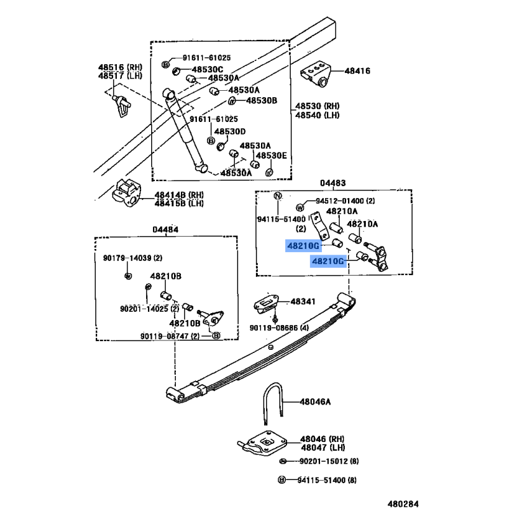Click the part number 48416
pos(357,70)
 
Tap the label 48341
pos(303,302)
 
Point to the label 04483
pos(333,184)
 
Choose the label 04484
pos(165,230)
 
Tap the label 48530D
pos(229,131)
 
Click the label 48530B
pos(262,100)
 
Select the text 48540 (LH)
pos(317,115)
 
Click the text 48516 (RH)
pos(120,67)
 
